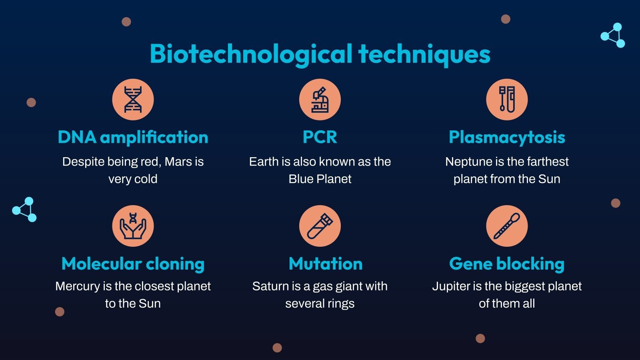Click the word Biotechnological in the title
coord(251,54)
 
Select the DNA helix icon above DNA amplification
coord(133,100)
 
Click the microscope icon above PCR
coord(320,100)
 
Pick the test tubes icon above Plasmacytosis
coord(507,100)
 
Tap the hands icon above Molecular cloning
coord(133,226)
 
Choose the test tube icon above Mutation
coord(320,226)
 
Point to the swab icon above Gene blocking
coord(507,226)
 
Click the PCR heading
coord(320,137)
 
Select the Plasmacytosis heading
coord(507,137)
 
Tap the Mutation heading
coord(326,264)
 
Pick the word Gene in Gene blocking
coord(470,264)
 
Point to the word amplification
coord(154,137)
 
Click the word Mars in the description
coord(178,162)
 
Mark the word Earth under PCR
coord(264,162)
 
